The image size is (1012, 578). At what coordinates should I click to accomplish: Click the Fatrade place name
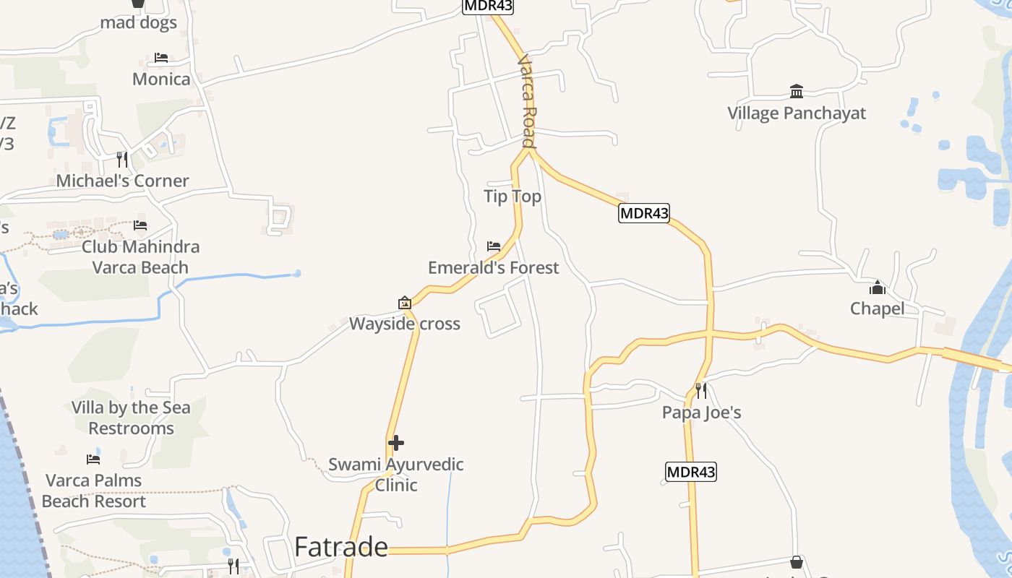point(341,547)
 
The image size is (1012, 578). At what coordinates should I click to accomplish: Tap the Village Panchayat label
point(796,113)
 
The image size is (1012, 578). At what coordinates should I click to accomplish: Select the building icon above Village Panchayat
point(797,92)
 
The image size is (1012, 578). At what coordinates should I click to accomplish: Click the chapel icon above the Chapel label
point(878,288)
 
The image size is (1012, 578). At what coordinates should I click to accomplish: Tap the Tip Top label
point(513,197)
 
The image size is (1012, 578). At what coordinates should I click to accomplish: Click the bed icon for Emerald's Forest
point(494,246)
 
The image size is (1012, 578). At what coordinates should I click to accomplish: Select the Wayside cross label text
point(405,324)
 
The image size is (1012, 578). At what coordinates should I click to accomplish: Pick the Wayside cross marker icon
point(405,303)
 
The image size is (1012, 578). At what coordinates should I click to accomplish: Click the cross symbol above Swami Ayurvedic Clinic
point(396,443)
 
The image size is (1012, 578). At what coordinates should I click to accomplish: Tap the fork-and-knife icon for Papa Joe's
point(700,391)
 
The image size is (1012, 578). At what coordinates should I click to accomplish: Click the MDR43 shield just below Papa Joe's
point(690,473)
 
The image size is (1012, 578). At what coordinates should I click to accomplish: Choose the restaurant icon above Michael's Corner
point(122,159)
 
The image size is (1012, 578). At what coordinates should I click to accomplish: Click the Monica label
point(161,79)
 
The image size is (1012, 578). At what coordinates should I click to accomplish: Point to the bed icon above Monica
point(161,58)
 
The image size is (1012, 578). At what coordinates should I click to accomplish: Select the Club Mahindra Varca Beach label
point(140,256)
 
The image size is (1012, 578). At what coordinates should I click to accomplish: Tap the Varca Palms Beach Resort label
point(94,491)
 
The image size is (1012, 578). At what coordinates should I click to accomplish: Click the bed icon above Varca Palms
point(93,459)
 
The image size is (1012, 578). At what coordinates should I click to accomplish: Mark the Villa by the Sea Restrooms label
point(131,418)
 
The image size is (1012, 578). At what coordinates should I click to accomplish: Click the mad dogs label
point(138,22)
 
